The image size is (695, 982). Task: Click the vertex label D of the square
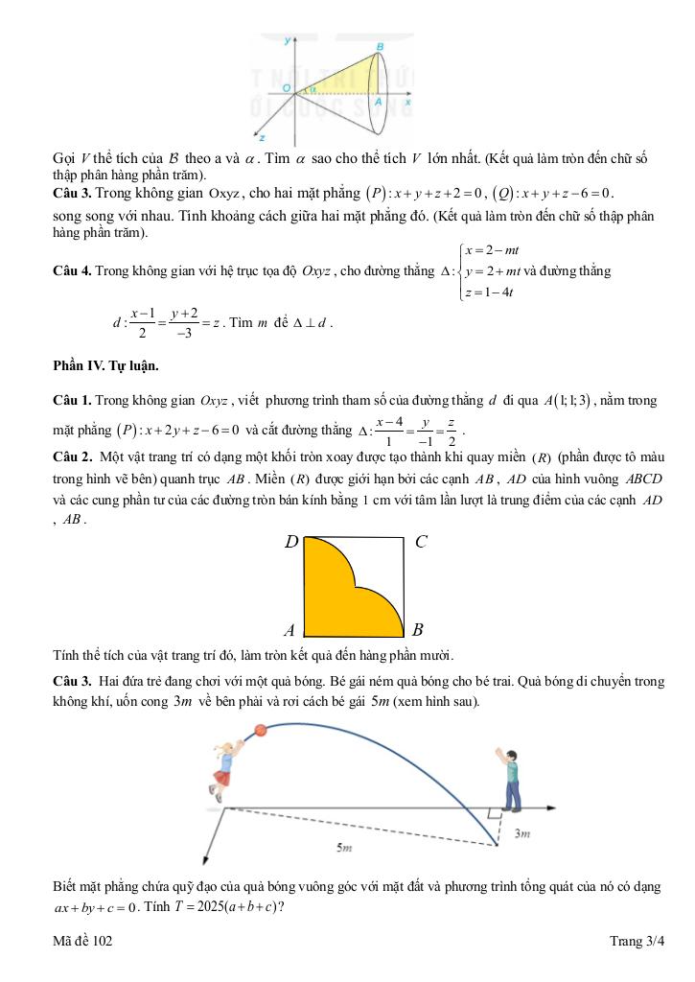click(x=291, y=543)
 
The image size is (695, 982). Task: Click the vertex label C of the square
click(x=420, y=542)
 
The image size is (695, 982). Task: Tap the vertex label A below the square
click(x=290, y=631)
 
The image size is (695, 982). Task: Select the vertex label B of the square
click(x=418, y=631)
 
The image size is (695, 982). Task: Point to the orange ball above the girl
click(x=259, y=731)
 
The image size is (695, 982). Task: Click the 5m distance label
click(x=343, y=848)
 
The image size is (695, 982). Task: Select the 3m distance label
click(x=522, y=834)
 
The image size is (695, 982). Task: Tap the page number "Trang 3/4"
click(x=636, y=942)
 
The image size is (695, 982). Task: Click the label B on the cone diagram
click(x=381, y=46)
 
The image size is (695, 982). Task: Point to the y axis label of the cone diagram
click(x=287, y=40)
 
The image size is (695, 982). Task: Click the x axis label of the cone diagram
click(x=406, y=100)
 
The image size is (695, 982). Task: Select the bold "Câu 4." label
click(x=73, y=271)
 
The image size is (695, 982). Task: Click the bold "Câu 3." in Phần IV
click(x=73, y=681)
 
